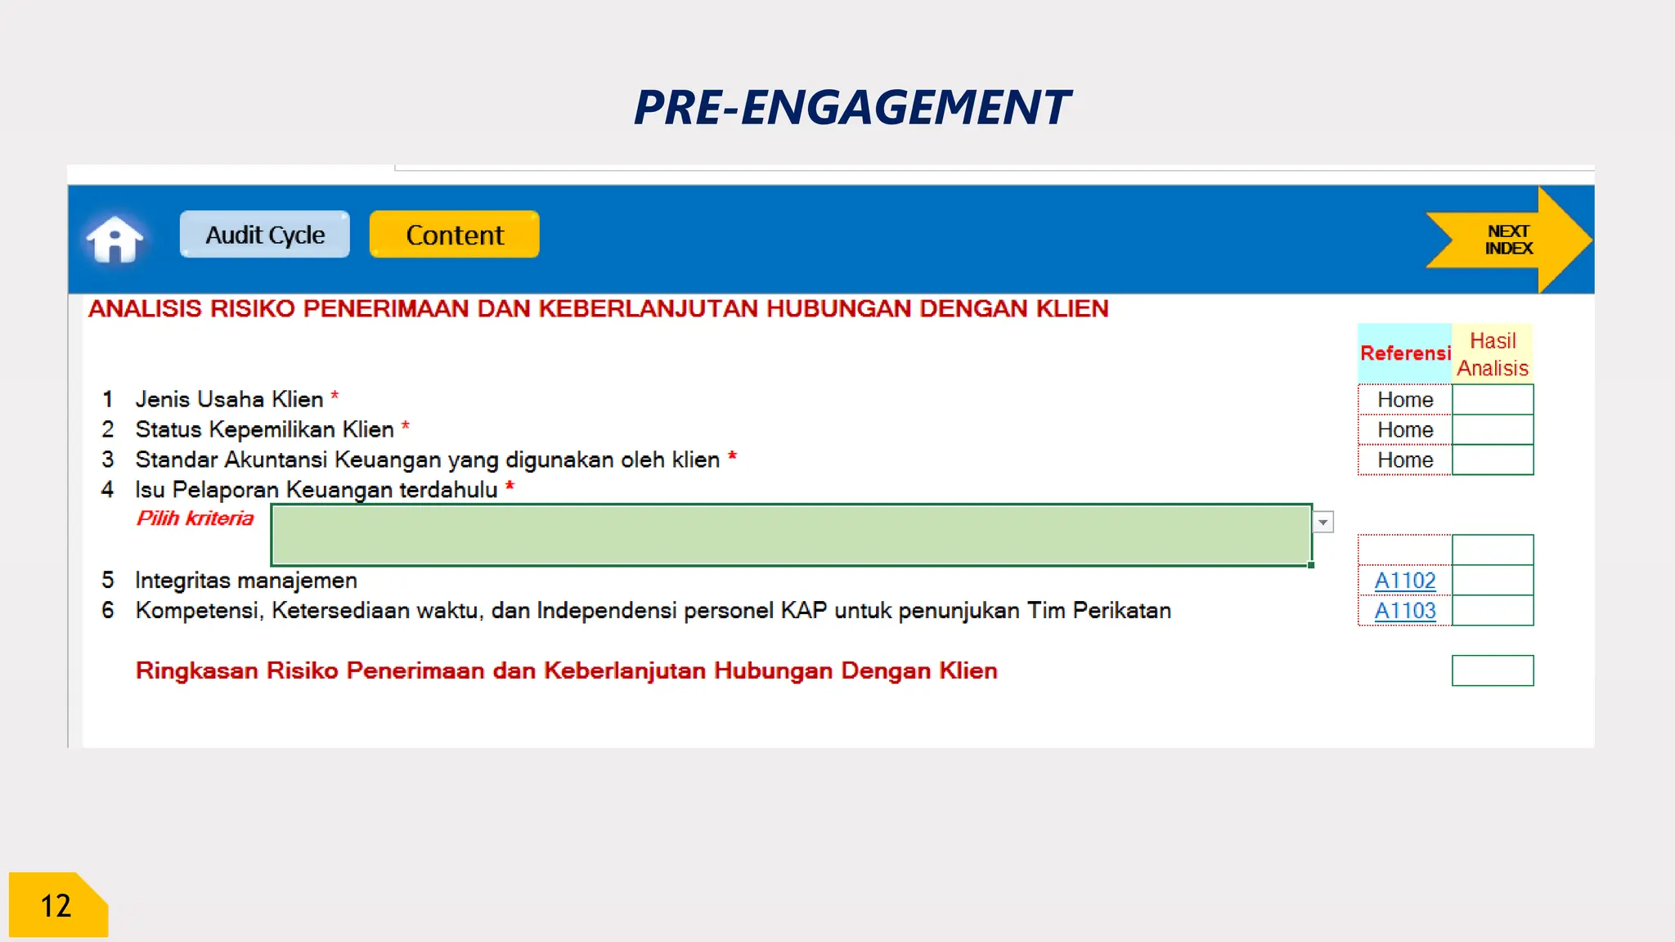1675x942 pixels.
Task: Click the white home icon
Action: [115, 239]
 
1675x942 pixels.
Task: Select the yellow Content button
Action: [454, 235]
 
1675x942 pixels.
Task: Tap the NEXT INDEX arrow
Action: [1509, 240]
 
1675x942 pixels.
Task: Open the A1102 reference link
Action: [1404, 581]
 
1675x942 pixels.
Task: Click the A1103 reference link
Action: [1404, 611]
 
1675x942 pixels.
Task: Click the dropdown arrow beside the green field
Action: [1322, 522]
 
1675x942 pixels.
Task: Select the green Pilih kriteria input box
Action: [791, 535]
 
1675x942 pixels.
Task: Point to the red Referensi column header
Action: [1404, 353]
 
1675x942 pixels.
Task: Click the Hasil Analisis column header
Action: [1493, 354]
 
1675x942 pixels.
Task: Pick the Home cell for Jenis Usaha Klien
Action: [1404, 400]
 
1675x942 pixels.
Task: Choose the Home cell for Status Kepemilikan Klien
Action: [1404, 430]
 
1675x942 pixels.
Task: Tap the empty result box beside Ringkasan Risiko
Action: [1493, 671]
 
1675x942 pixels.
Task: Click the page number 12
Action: [56, 906]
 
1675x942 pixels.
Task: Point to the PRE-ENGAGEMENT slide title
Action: [851, 107]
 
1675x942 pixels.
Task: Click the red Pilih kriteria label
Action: [195, 518]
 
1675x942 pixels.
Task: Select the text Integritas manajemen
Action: [246, 581]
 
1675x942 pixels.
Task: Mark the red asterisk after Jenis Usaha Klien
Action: [335, 396]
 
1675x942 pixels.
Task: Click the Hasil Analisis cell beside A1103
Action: [1493, 611]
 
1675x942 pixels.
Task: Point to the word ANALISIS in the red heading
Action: [145, 309]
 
